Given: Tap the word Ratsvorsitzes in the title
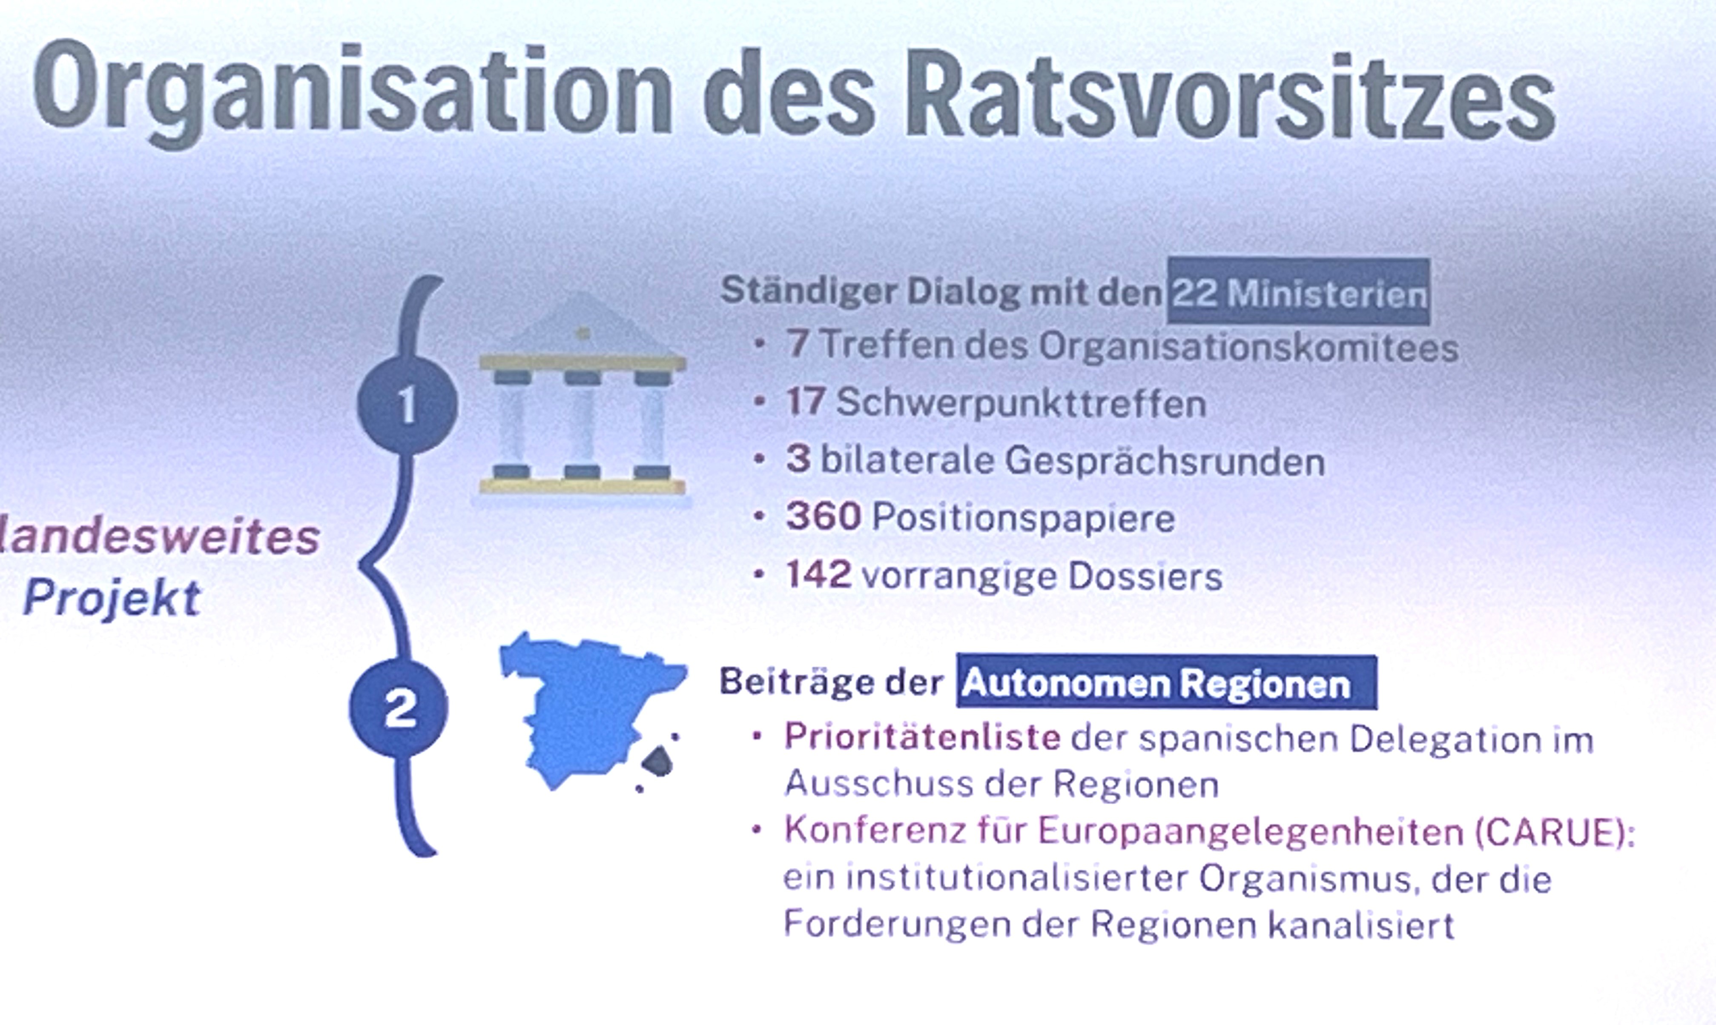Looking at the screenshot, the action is click(x=1230, y=97).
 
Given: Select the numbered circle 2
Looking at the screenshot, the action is click(x=398, y=707).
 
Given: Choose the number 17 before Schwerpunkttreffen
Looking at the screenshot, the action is click(x=806, y=401).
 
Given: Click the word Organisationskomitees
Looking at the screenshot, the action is click(x=1248, y=346).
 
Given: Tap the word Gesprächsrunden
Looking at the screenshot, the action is click(x=1165, y=461).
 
